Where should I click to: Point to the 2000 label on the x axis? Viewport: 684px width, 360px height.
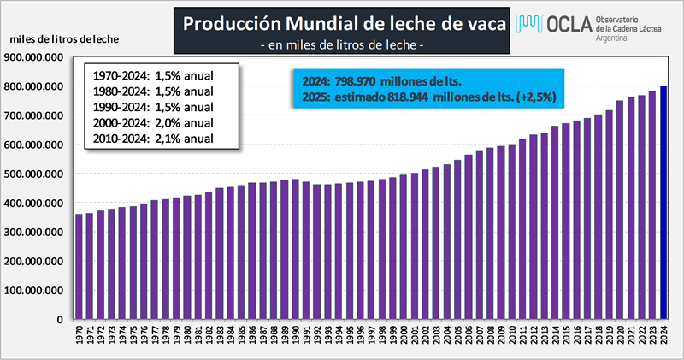click(x=404, y=337)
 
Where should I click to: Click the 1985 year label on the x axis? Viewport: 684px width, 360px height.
click(x=242, y=337)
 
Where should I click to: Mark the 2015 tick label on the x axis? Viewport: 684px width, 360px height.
click(x=566, y=337)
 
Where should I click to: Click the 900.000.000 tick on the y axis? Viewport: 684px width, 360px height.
click(x=36, y=57)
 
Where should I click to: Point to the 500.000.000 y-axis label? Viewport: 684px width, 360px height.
click(x=36, y=174)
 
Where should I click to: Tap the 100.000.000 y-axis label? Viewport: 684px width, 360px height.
click(x=36, y=291)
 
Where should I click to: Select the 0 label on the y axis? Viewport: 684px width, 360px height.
click(x=59, y=320)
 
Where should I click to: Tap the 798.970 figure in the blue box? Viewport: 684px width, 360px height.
click(x=359, y=82)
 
